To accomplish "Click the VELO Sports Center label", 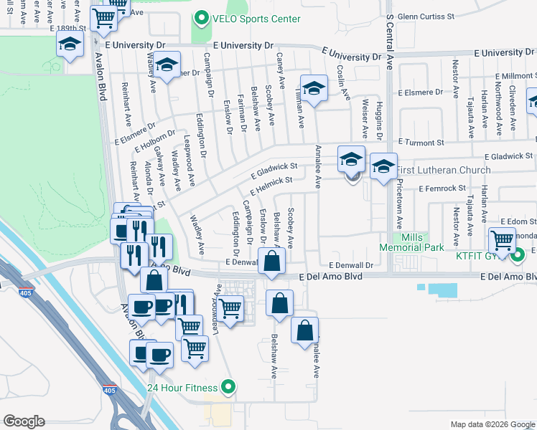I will (255, 19).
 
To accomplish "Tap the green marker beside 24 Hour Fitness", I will (228, 388).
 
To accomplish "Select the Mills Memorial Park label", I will (411, 243).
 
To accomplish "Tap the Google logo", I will (24, 421).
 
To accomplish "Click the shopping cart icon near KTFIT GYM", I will (502, 239).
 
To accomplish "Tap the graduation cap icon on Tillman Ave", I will (313, 88).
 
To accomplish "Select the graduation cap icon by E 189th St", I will (70, 45).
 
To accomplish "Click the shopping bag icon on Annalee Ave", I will (304, 330).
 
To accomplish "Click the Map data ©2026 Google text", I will (492, 424).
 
